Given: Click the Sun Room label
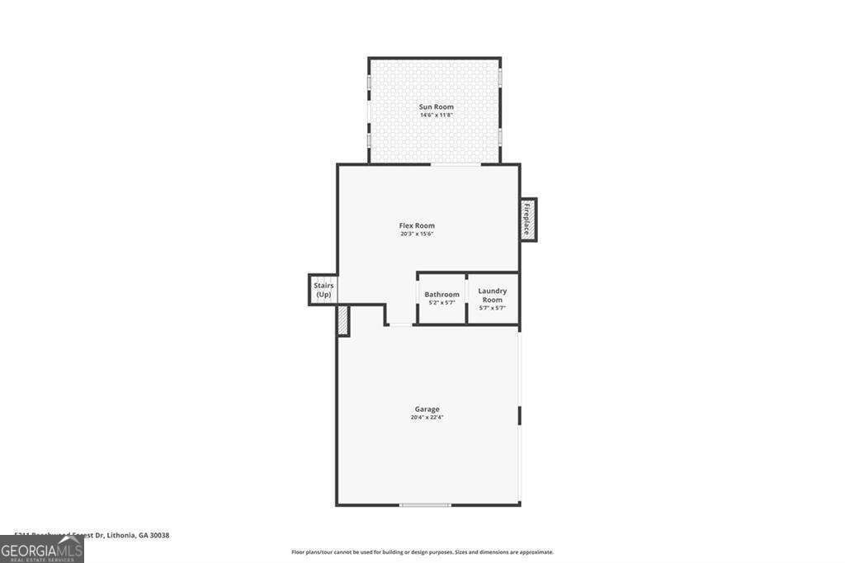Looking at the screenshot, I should click(436, 106).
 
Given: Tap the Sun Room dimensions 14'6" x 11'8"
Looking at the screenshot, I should click(436, 116).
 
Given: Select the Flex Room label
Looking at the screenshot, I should click(417, 225).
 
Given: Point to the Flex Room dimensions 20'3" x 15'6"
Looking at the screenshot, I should click(417, 234).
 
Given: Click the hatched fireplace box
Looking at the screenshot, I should click(528, 219).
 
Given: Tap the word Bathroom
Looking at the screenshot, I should click(441, 295).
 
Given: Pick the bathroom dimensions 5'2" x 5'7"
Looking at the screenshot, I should click(441, 303).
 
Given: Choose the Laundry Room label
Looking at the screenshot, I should click(493, 295).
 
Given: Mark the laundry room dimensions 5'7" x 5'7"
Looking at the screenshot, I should click(493, 308).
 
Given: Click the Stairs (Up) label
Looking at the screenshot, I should click(323, 290).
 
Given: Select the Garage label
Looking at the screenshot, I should click(427, 409).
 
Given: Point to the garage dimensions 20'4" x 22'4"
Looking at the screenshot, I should click(427, 418).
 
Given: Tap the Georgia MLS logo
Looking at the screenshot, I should click(41, 549).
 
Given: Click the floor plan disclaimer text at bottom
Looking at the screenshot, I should click(422, 552).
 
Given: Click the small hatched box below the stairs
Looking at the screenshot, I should click(342, 320).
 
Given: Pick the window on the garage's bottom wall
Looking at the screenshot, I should click(425, 504).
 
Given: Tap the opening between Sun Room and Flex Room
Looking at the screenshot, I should click(456, 164).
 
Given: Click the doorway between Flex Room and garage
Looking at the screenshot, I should click(400, 324).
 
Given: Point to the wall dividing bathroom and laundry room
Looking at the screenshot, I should click(467, 297).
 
